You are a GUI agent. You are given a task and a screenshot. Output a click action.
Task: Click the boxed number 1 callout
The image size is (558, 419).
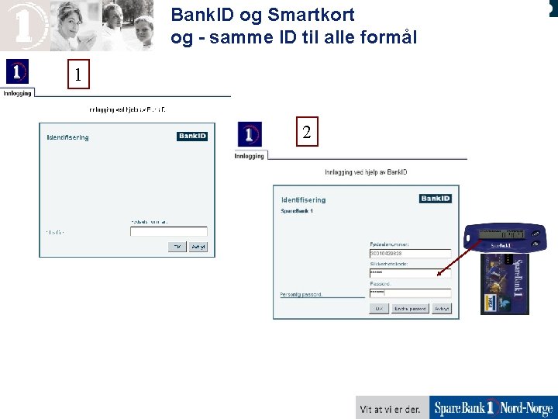coord(77,75)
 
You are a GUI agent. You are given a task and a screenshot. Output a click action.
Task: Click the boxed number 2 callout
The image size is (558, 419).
coord(307,133)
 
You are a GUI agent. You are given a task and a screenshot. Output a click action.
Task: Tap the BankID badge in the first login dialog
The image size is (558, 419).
coord(191,137)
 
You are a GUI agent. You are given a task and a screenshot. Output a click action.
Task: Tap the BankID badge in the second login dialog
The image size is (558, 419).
coord(435,199)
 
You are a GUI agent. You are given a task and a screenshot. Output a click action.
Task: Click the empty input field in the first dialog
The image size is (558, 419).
coord(168,231)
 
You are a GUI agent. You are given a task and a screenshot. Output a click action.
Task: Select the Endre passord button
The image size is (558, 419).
coord(410,308)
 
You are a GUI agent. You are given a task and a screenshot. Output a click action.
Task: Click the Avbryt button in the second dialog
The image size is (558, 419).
coord(442,308)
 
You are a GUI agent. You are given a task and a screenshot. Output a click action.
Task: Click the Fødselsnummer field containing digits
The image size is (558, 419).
coord(410,253)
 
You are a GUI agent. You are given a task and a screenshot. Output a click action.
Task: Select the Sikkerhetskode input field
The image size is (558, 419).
coord(410,273)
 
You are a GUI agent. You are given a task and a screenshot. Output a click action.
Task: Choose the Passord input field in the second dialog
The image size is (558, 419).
coord(410,293)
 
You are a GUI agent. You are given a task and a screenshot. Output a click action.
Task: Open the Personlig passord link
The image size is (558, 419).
coord(301,295)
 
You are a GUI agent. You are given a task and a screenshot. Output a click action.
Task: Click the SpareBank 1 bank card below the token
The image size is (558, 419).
coord(505,283)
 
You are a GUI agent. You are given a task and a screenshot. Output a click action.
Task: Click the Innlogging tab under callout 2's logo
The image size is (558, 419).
coord(250,156)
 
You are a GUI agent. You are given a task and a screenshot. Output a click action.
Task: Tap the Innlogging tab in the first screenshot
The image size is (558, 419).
coord(17,93)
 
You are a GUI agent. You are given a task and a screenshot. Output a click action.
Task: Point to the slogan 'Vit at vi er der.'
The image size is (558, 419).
coord(391,409)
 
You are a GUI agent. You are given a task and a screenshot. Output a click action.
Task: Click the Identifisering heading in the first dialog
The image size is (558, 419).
coord(68,138)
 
